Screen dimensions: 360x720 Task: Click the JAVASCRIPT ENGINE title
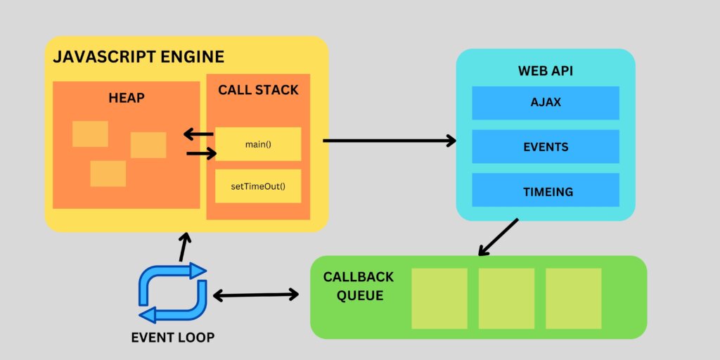139,57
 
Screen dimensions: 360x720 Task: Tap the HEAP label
127,98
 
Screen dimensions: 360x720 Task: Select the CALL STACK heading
258,90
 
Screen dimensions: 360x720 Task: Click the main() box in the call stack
258,144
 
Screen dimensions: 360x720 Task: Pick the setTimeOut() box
258,186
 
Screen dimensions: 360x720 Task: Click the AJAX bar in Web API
546,103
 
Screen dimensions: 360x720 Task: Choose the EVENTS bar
546,147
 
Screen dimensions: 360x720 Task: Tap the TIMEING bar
546,191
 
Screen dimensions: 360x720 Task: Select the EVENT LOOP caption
172,337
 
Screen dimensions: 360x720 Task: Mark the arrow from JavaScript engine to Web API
389,141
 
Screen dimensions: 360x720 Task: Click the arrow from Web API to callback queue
499,237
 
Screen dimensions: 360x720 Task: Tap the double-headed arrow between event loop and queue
256,295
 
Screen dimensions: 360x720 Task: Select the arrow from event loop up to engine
184,247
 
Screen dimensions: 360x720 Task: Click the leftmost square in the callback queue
439,298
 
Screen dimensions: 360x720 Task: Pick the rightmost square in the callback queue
574,298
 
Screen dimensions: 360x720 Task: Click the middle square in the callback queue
507,298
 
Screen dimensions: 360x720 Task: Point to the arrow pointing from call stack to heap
198,134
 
